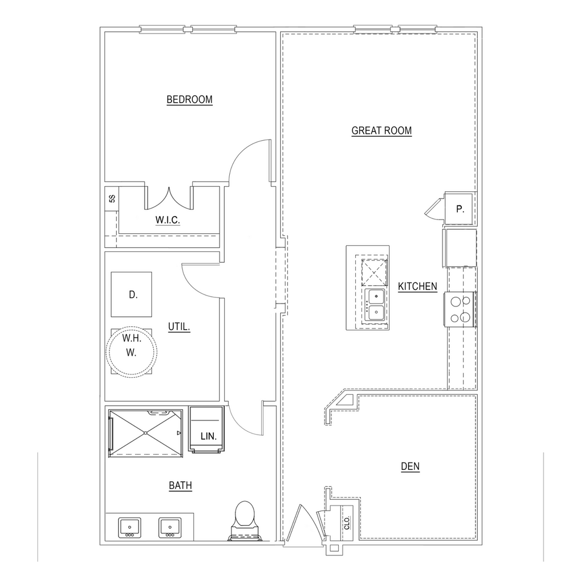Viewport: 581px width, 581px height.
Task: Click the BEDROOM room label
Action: pos(190,100)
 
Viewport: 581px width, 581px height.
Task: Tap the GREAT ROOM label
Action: pos(382,131)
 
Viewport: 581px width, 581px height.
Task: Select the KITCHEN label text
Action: pos(418,287)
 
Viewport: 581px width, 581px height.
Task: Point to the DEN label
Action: pos(410,466)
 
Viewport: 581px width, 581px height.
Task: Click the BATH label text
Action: pos(180,486)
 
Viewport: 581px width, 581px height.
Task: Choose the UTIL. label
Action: pos(179,327)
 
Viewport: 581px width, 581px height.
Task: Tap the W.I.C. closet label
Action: pos(168,220)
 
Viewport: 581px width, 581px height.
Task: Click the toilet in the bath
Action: pos(245,520)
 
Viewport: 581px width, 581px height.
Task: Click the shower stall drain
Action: pos(146,433)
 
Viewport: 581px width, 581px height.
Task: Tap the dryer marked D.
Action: pos(132,294)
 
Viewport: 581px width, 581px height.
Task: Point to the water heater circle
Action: pos(132,352)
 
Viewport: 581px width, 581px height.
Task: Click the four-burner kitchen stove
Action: pos(461,309)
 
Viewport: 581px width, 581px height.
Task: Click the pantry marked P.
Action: pos(460,209)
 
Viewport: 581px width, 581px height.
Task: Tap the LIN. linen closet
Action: pos(207,430)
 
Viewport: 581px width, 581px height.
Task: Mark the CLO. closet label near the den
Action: pos(347,523)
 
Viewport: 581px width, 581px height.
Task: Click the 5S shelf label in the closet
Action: pos(112,199)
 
